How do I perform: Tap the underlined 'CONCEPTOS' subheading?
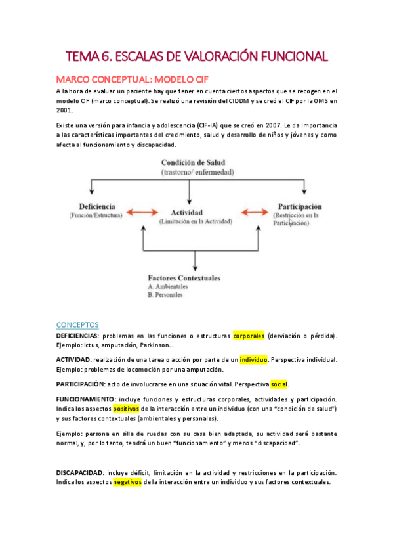coord(77,324)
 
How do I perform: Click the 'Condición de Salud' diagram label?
coord(198,162)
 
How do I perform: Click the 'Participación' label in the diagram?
coord(299,206)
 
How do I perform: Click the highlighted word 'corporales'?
coord(249,336)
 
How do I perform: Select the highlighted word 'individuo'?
coord(253,360)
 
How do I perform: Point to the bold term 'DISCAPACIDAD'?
coord(79,472)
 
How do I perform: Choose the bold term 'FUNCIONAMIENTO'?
coord(85,399)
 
